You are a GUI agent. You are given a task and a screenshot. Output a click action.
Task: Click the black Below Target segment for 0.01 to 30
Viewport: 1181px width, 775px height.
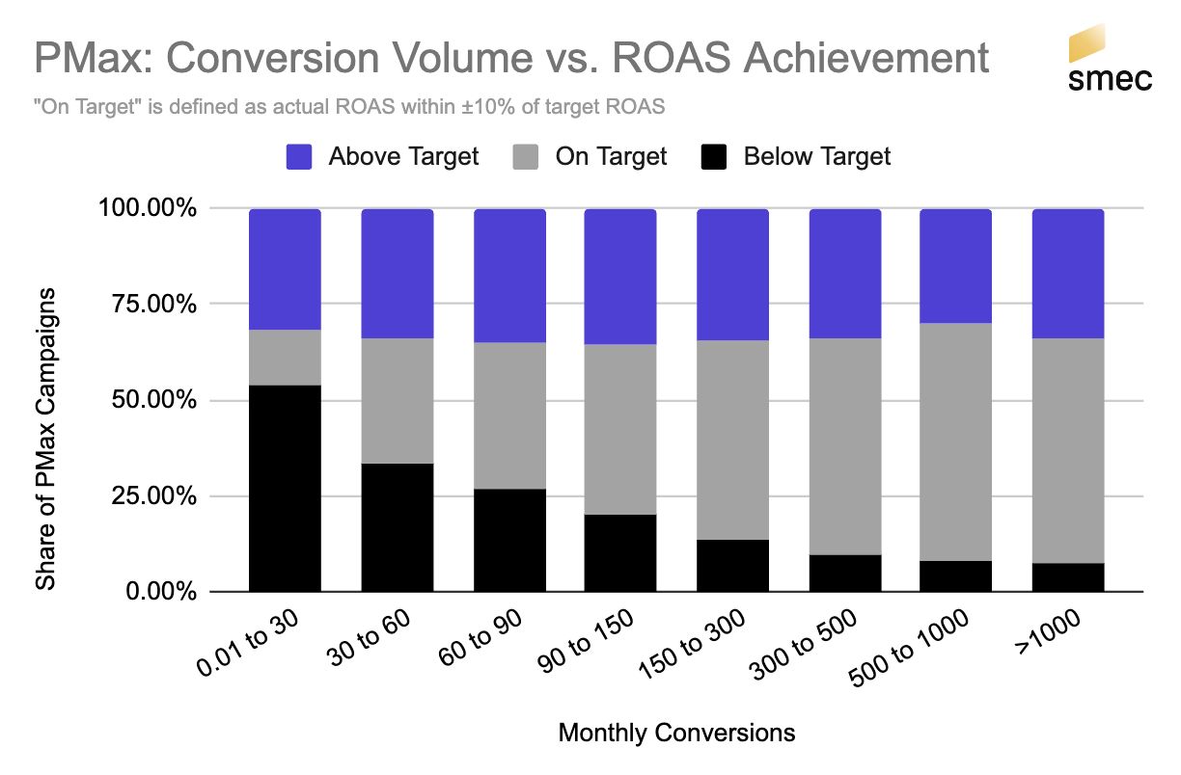[x=285, y=488]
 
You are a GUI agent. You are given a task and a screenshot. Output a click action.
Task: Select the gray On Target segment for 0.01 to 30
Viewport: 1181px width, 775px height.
[x=285, y=358]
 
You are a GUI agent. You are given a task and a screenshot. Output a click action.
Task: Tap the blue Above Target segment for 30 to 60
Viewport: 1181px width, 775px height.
[x=397, y=273]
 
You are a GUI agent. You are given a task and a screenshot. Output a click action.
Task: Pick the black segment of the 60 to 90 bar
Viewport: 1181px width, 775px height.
[x=508, y=540]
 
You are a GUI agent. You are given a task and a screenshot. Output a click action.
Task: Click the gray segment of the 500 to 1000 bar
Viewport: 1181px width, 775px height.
[x=955, y=441]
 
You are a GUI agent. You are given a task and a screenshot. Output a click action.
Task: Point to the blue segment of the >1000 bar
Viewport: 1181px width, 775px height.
[x=1067, y=273]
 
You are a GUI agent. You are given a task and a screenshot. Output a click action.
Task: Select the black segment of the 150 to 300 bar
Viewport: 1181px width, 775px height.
[x=732, y=565]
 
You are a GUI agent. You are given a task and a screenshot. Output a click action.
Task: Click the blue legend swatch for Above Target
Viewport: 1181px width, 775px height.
[x=299, y=157]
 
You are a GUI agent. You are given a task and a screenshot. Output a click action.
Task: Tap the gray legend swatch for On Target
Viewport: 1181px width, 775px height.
[x=527, y=157]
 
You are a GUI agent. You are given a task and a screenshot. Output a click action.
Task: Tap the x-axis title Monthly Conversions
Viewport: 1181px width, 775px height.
[x=676, y=734]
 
